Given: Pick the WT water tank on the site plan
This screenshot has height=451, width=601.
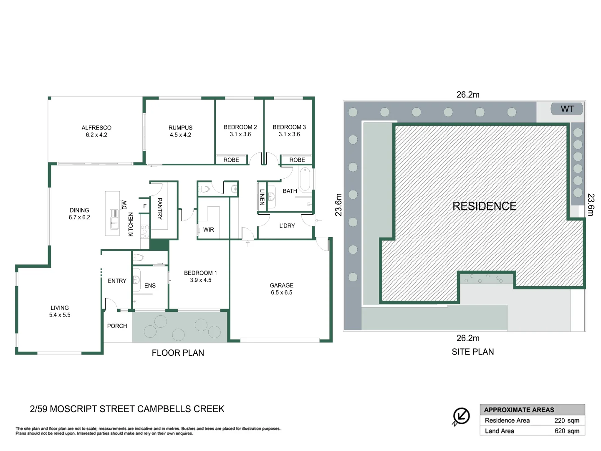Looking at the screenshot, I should (567, 109).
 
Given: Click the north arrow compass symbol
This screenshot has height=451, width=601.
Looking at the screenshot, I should (461, 416).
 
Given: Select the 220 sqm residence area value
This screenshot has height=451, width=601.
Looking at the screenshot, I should (566, 421).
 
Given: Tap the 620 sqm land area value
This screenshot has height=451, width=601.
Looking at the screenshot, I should (566, 431).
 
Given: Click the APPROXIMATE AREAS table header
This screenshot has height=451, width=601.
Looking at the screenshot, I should (519, 410).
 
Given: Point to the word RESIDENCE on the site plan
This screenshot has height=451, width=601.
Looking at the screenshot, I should (484, 206).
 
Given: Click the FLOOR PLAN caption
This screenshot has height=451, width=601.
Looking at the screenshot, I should (178, 353).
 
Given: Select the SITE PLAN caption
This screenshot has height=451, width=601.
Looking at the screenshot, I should (472, 352).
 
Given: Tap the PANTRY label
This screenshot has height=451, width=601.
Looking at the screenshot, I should (159, 208).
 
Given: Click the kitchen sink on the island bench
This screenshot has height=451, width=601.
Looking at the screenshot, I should (114, 219).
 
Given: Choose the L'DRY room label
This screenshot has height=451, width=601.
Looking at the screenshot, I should (287, 226).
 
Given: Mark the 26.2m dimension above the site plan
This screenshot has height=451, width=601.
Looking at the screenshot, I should (468, 95).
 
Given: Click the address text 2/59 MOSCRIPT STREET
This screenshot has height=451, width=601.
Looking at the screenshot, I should (127, 409).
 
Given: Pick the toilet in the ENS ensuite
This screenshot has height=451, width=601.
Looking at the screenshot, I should (138, 258).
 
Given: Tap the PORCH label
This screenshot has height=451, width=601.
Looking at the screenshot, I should (117, 326).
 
